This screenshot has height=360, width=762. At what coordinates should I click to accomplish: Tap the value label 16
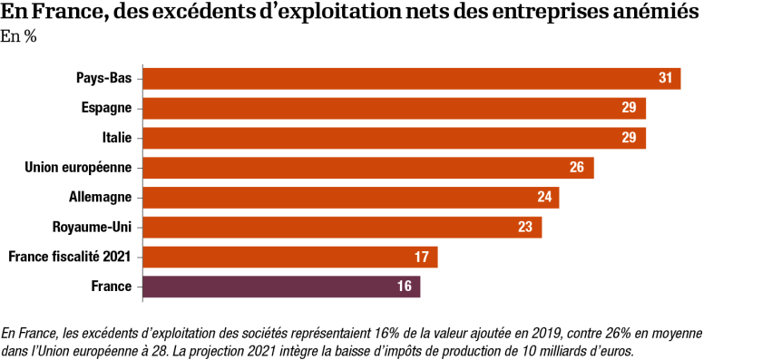pyautogui.click(x=404, y=287)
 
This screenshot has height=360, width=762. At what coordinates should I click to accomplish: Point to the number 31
pyautogui.click(x=666, y=78)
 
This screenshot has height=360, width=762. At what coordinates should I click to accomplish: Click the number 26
pyautogui.click(x=577, y=168)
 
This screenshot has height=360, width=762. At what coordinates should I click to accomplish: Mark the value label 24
pyautogui.click(x=544, y=198)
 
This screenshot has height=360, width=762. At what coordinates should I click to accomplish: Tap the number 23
pyautogui.click(x=525, y=227)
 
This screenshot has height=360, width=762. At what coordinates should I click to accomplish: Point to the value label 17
pyautogui.click(x=422, y=257)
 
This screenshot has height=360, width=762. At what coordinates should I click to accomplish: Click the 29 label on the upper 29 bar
pyautogui.click(x=629, y=108)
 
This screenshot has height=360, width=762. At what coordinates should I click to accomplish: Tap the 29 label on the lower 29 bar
pyautogui.click(x=629, y=138)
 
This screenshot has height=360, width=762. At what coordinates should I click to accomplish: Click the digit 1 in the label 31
pyautogui.click(x=669, y=78)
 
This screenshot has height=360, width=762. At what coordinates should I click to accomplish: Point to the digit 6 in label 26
pyautogui.click(x=581, y=168)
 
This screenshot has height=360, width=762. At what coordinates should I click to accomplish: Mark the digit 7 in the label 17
pyautogui.click(x=425, y=257)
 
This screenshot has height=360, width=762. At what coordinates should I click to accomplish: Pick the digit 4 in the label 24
pyautogui.click(x=548, y=198)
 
